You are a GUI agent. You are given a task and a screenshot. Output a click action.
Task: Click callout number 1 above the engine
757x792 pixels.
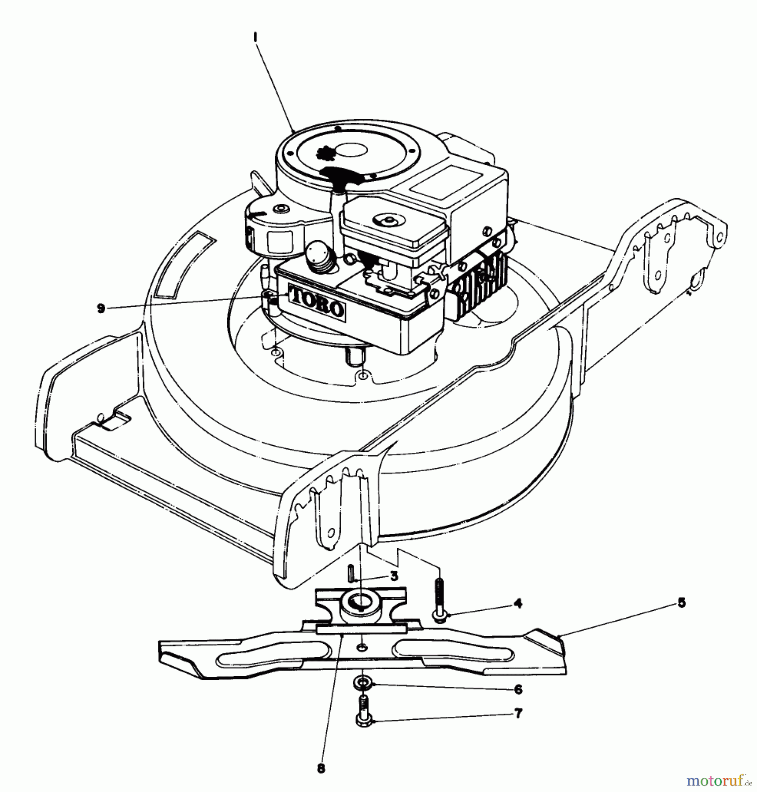tap(255, 39)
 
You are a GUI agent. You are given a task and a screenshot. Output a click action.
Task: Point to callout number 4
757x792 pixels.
tap(518, 603)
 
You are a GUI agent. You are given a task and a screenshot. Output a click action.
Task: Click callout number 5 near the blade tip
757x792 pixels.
tap(681, 602)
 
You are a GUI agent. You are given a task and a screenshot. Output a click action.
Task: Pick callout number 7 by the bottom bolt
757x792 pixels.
tap(518, 713)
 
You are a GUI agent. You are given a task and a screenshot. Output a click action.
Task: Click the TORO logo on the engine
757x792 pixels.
tap(317, 302)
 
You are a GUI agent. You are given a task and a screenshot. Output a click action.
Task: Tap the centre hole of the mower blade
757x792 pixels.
tap(362, 647)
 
